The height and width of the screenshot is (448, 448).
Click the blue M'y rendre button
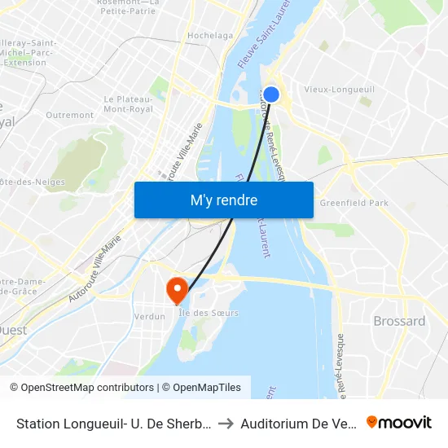[x=223, y=200]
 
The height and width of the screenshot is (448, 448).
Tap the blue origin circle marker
[x=271, y=94]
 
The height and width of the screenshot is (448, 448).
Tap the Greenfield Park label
[x=354, y=203]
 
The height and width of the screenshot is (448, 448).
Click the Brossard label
[x=399, y=321]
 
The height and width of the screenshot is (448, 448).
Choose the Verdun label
[x=150, y=316]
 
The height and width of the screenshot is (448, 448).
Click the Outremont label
[x=69, y=116]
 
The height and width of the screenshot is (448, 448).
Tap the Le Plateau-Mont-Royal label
[x=130, y=103]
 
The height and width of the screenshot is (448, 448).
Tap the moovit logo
[x=399, y=422]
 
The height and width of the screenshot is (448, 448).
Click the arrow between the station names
[x=226, y=423]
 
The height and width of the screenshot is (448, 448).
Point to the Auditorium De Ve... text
[x=299, y=423]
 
